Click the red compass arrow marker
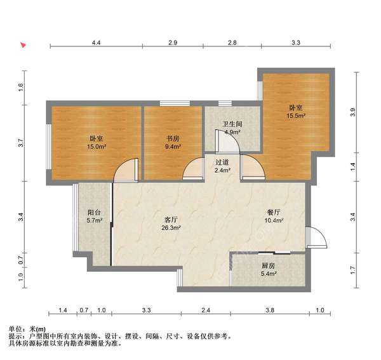(x=23, y=45)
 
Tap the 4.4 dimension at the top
(x=96, y=43)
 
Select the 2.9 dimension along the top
(x=173, y=43)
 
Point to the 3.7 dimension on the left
(x=21, y=143)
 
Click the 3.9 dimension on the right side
(x=353, y=112)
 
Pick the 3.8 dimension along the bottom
(x=270, y=310)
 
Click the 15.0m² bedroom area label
(x=97, y=147)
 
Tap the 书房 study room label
(x=173, y=138)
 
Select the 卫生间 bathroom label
(x=232, y=124)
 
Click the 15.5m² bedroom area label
(x=295, y=116)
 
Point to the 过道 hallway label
(x=222, y=163)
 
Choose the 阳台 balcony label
(x=94, y=213)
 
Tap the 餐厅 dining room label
(x=274, y=213)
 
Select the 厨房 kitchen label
(x=268, y=265)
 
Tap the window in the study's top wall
(x=175, y=103)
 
